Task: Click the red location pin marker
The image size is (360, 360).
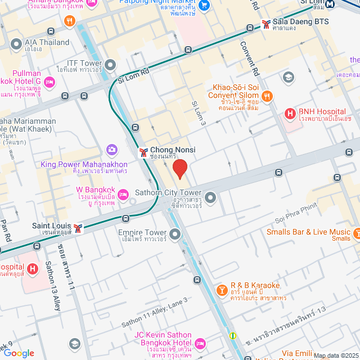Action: point(179,169)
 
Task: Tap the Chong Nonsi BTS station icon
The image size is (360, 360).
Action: point(143,152)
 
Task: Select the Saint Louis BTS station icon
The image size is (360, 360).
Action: point(78,228)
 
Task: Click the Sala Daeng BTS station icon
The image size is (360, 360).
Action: point(265,24)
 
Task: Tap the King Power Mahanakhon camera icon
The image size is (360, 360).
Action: point(112,149)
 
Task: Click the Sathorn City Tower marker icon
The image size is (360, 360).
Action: point(210,197)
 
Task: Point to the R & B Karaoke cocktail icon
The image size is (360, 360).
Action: point(222,290)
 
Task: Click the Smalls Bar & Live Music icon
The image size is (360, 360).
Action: point(357,232)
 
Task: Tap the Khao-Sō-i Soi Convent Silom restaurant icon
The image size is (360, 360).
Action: point(267,96)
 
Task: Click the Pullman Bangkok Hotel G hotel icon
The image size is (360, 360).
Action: point(49,83)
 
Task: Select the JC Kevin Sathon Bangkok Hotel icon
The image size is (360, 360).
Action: point(200,343)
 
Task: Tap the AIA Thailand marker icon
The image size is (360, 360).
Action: point(16,43)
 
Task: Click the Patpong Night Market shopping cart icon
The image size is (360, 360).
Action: point(205,6)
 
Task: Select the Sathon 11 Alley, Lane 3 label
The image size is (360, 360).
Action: point(154,313)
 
